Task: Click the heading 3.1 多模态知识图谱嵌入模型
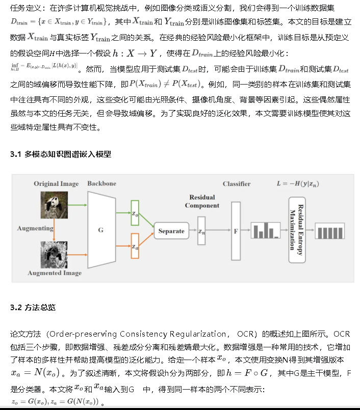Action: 61,154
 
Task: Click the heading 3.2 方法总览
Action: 33,308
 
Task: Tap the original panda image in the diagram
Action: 54,205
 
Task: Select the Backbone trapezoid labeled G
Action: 101,230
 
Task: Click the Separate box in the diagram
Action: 171,231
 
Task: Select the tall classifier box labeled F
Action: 236,231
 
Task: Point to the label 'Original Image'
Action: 57,183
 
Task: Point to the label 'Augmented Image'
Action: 55,273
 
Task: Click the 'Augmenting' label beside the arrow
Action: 35,228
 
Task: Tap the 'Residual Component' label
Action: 202,201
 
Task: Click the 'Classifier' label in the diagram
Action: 236,184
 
